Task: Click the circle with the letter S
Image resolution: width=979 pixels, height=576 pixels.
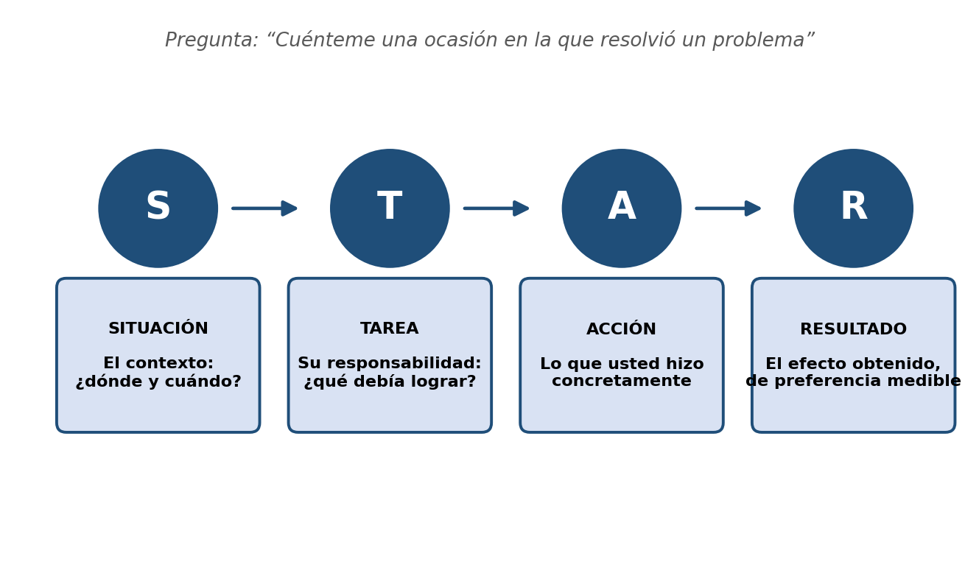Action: [158, 208]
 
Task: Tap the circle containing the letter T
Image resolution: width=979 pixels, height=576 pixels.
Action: [390, 208]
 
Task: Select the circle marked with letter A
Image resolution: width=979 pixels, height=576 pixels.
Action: [622, 208]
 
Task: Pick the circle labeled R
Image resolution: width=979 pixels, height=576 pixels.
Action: [853, 208]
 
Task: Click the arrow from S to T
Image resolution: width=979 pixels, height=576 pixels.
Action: [264, 208]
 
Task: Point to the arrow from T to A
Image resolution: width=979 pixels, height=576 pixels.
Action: [496, 208]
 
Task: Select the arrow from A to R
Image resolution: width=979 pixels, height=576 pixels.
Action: [728, 208]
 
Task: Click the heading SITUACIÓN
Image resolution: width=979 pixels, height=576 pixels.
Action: [158, 328]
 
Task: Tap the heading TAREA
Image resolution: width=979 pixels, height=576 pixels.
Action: [390, 329]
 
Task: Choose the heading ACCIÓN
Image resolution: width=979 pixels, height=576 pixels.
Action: [621, 329]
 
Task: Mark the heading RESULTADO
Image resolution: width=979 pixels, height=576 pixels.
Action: [853, 329]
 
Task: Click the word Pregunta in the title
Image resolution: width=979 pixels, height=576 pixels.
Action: [211, 41]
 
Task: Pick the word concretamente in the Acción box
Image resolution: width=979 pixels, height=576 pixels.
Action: [622, 381]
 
